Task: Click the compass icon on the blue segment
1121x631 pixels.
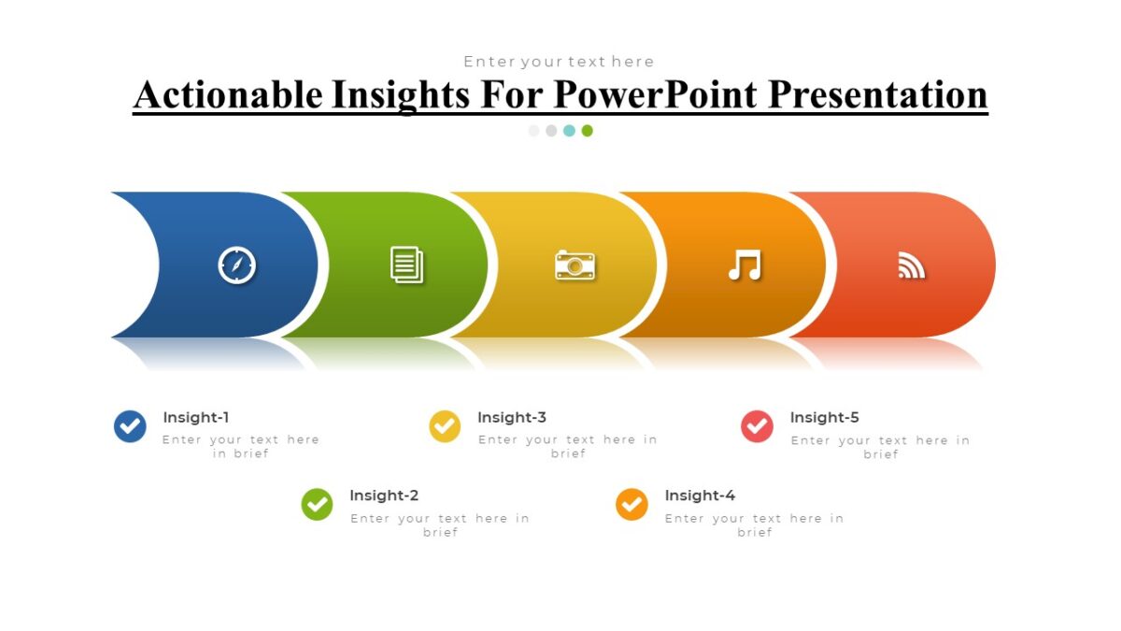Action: pos(236,265)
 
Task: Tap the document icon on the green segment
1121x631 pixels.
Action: pos(406,265)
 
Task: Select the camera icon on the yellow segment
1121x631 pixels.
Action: pos(575,265)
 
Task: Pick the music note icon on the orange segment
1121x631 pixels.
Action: pos(745,265)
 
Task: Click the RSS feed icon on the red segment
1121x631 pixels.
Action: pos(911,265)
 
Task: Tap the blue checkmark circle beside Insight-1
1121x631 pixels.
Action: pos(130,426)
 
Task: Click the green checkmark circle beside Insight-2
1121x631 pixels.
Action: pos(317,505)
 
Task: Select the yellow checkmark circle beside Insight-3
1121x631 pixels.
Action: pos(445,426)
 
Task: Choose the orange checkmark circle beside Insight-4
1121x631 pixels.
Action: pos(631,505)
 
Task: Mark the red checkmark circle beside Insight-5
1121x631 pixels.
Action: pos(757,426)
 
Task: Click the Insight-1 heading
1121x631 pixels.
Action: pos(196,418)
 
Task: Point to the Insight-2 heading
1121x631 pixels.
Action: pos(384,495)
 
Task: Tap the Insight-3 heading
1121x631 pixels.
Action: pos(512,418)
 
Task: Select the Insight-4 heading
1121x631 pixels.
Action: pos(700,495)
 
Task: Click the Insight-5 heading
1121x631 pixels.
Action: pos(825,418)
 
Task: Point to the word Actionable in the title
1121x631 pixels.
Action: pos(228,95)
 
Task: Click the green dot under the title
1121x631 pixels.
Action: pos(588,131)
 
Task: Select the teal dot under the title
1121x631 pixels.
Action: pos(570,131)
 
